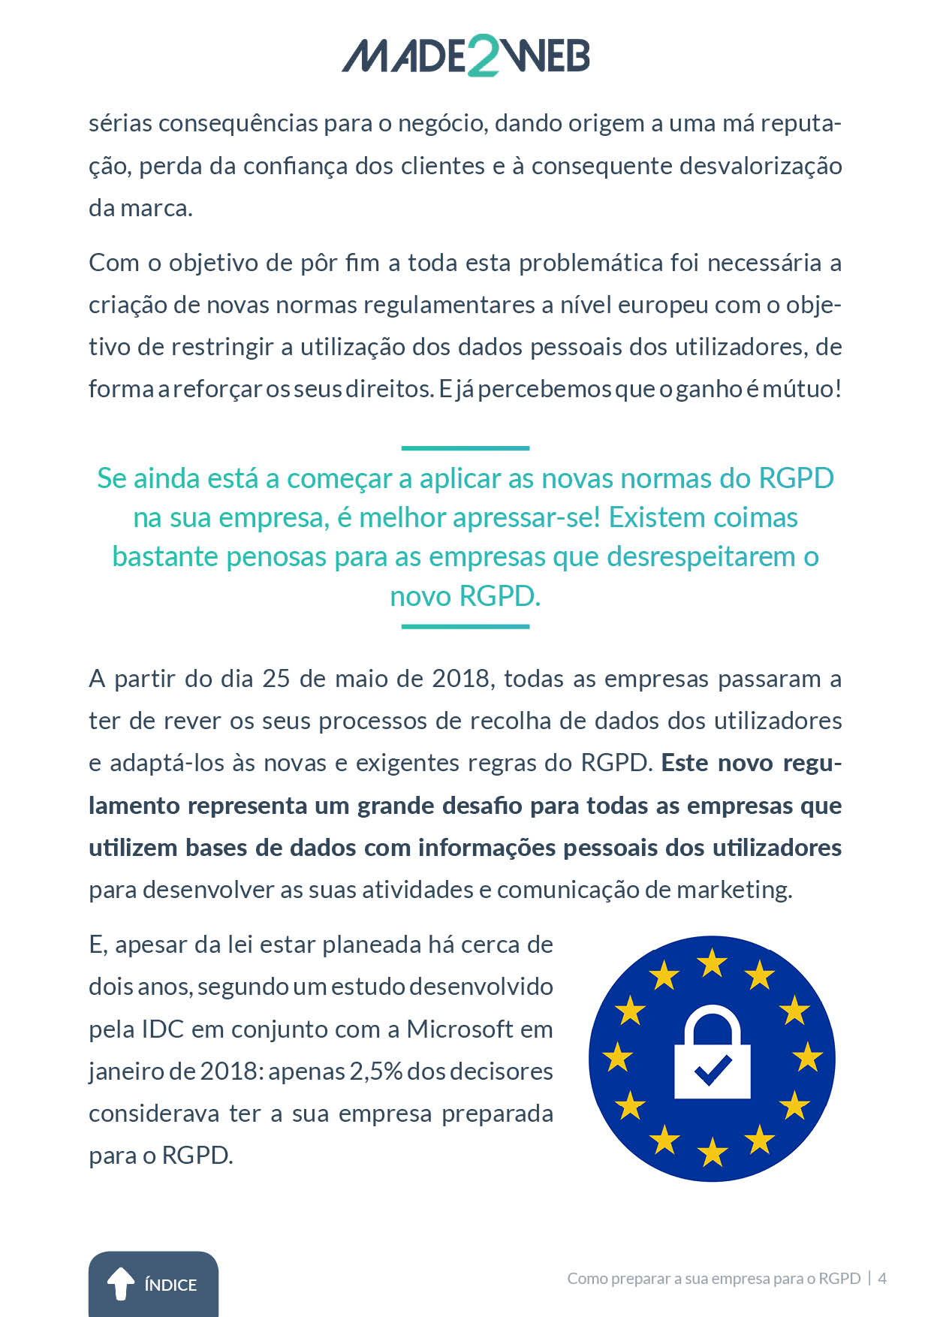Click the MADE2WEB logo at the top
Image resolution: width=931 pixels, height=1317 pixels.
465,56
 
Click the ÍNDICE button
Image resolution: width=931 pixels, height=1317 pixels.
153,1283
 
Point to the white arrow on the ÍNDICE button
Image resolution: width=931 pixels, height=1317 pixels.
120,1283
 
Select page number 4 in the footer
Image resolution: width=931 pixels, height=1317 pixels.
883,1278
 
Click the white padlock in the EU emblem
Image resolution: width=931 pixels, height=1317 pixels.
712,1054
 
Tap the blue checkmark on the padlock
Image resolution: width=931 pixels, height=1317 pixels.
713,1070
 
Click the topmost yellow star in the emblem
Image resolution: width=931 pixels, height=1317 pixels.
712,962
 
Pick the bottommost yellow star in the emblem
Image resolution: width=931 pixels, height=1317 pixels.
712,1151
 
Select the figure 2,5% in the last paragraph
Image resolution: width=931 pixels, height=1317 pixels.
375,1071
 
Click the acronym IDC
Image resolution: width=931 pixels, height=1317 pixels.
162,1029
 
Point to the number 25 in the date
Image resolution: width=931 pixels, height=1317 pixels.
276,679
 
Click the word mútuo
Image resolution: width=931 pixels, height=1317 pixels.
801,389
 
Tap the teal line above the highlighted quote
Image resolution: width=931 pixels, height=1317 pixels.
465,448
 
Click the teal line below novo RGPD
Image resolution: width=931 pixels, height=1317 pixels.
465,626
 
